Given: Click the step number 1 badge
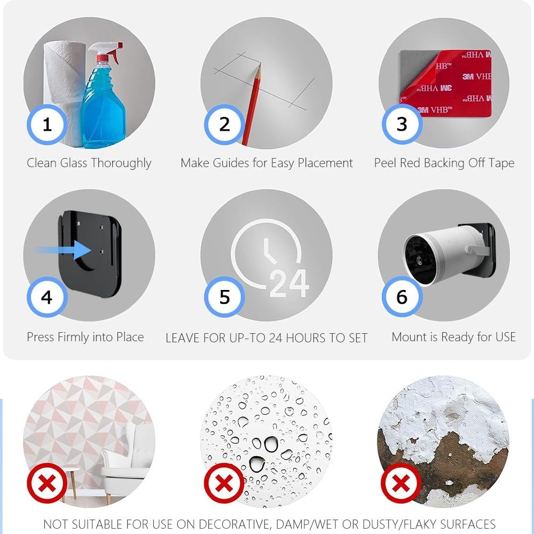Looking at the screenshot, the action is pyautogui.click(x=48, y=124).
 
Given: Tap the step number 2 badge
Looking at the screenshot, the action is pyautogui.click(x=224, y=124).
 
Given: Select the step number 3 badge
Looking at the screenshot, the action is pyautogui.click(x=402, y=124).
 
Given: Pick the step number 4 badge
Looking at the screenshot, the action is pyautogui.click(x=48, y=297).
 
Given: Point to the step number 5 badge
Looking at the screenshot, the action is pyautogui.click(x=224, y=297).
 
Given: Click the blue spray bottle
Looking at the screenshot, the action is pyautogui.click(x=103, y=99).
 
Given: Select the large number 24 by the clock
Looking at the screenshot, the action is pyautogui.click(x=289, y=284).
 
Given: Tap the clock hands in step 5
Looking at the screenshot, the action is pyautogui.click(x=269, y=252).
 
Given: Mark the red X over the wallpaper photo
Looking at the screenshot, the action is pyautogui.click(x=48, y=483).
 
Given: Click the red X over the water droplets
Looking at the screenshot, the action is pyautogui.click(x=224, y=483).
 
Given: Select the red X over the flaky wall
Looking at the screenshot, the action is pyautogui.click(x=401, y=483).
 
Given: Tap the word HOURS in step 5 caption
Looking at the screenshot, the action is pyautogui.click(x=305, y=338).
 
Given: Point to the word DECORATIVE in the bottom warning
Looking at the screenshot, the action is pyautogui.click(x=234, y=524).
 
